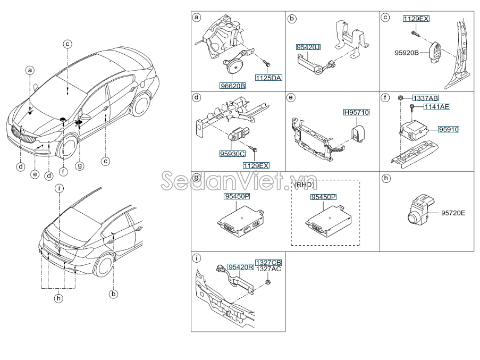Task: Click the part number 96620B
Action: [x=233, y=85]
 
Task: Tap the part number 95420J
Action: [x=309, y=47]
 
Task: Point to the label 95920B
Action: [x=407, y=53]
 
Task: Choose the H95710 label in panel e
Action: [x=356, y=113]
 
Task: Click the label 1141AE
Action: [x=436, y=107]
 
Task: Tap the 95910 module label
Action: [x=449, y=129]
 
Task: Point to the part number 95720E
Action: [x=453, y=213]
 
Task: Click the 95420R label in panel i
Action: [x=241, y=267]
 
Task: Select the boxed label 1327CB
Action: [x=268, y=263]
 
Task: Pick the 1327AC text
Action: [x=268, y=270]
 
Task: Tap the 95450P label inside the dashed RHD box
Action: [x=323, y=197]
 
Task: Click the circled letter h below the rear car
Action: [x=58, y=299]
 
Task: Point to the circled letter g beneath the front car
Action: [x=80, y=166]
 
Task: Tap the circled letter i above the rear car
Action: [x=60, y=188]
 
